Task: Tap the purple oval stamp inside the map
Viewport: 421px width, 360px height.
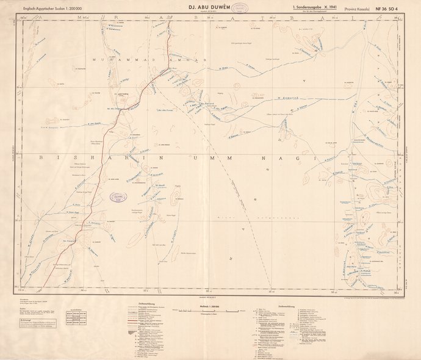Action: pyautogui.click(x=116, y=196)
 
